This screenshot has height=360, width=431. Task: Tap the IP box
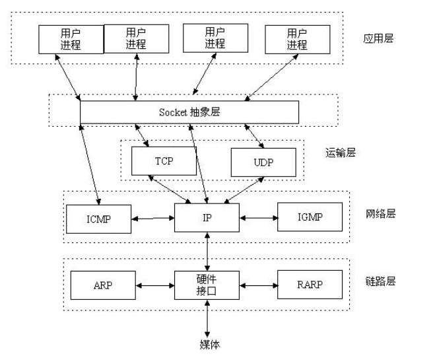[207, 217]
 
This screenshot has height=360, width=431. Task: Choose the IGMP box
[310, 217]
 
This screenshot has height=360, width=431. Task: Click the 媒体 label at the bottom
[208, 343]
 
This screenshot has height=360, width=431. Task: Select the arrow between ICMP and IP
[152, 217]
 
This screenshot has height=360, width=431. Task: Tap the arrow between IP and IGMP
[258, 217]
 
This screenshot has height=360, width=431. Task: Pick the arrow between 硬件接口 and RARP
[258, 285]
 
